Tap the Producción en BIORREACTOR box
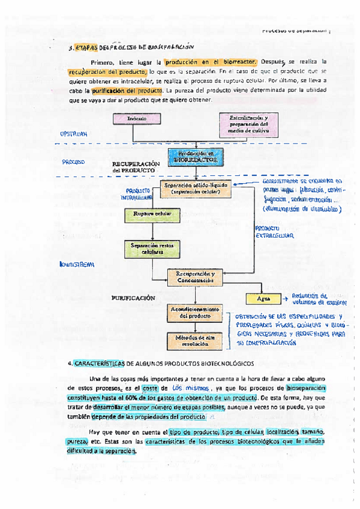191,157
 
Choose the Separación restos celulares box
148,248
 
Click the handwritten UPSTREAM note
74,134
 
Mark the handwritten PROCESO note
73,162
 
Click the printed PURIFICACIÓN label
133,298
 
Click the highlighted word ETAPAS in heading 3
86,46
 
